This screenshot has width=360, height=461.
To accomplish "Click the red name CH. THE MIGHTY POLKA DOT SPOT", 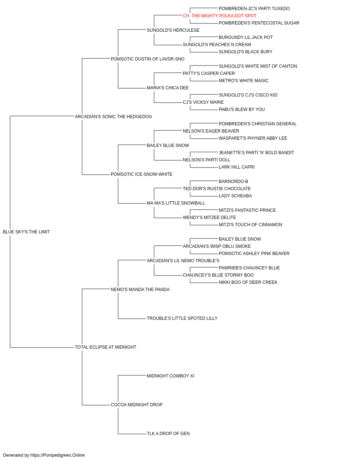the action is click(x=220, y=16).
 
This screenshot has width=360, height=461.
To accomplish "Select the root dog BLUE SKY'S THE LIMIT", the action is click(x=26, y=232).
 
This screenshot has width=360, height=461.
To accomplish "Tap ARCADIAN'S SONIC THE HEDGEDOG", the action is click(x=113, y=117).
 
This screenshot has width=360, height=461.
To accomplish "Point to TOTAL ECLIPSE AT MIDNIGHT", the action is click(x=105, y=347).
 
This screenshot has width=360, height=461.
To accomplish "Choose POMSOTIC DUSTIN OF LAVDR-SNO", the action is click(x=148, y=59).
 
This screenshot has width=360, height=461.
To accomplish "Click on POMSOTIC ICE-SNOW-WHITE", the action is click(x=141, y=174).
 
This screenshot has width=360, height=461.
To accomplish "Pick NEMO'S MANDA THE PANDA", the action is click(x=140, y=290).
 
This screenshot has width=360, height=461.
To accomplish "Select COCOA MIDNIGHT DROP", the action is click(x=136, y=405).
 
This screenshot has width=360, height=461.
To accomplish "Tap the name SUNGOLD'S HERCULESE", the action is click(x=173, y=30).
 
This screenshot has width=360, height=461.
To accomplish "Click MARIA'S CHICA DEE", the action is click(x=167, y=88).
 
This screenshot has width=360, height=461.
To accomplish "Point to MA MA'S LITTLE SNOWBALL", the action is click(x=176, y=203).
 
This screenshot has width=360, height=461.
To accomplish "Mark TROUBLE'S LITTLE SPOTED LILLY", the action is click(x=182, y=318).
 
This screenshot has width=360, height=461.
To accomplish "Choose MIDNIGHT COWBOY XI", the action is click(x=170, y=376).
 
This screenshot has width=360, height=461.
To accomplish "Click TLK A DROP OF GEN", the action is click(x=168, y=434).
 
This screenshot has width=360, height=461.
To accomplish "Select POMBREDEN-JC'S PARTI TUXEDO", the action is click(x=254, y=9).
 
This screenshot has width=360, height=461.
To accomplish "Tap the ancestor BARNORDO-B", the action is click(x=233, y=182).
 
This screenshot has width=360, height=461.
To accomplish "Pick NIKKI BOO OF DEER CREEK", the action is click(x=248, y=282).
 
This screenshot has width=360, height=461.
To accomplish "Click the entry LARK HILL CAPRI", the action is click(x=237, y=167).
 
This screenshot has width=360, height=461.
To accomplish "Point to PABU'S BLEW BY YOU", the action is click(x=242, y=109).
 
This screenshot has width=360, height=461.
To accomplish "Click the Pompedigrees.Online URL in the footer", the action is click(x=57, y=455).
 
